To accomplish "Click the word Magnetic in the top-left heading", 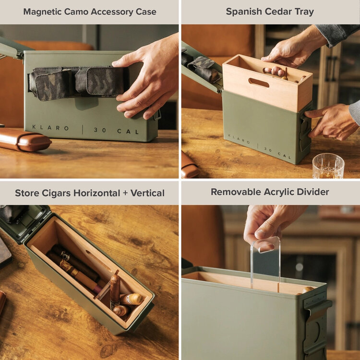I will tap(43, 12).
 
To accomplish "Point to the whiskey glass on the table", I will tap(328, 167).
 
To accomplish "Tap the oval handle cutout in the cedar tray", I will tap(259, 83).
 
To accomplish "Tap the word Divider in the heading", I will tap(312, 192).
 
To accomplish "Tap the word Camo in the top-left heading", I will tap(76, 12).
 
